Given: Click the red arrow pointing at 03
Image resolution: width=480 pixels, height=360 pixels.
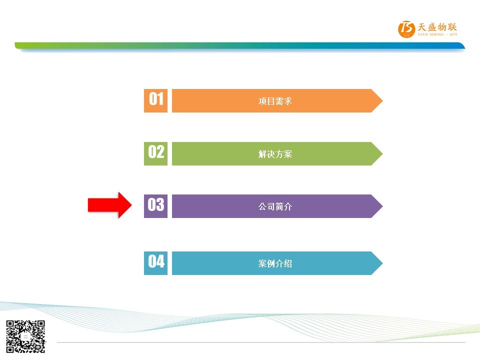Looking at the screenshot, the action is click(x=109, y=205).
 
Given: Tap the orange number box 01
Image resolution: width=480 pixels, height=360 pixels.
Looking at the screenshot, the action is click(x=155, y=100).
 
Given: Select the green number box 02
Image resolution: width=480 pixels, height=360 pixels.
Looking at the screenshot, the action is click(x=155, y=153).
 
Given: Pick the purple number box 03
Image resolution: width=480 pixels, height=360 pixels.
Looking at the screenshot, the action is click(x=155, y=206).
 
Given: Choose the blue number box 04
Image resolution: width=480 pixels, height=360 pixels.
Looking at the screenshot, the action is click(x=155, y=263).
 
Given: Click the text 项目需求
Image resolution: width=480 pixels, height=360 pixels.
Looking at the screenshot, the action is click(x=275, y=101).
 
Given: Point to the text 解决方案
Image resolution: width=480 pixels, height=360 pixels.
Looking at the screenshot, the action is click(x=275, y=154).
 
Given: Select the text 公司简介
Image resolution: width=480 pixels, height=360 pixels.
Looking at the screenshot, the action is click(x=275, y=206).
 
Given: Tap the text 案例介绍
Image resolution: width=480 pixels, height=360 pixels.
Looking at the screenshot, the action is click(x=275, y=263).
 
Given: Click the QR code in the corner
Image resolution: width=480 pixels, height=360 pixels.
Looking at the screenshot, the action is click(x=25, y=336).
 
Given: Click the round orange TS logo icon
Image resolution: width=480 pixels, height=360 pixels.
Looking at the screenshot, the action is click(x=406, y=29).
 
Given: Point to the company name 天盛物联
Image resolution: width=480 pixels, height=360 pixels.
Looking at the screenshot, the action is click(x=437, y=27).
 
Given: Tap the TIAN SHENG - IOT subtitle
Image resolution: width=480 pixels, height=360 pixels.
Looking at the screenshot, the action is click(x=437, y=34).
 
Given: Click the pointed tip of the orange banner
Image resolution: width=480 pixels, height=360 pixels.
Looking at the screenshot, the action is click(x=382, y=100).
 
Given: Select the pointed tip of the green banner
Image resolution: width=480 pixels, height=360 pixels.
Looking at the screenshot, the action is click(x=382, y=153).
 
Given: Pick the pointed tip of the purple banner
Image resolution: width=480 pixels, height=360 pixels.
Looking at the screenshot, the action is click(x=382, y=206).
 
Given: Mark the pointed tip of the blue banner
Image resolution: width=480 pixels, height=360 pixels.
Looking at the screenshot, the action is click(x=382, y=263).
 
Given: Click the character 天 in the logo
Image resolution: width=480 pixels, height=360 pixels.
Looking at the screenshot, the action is click(x=422, y=27).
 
